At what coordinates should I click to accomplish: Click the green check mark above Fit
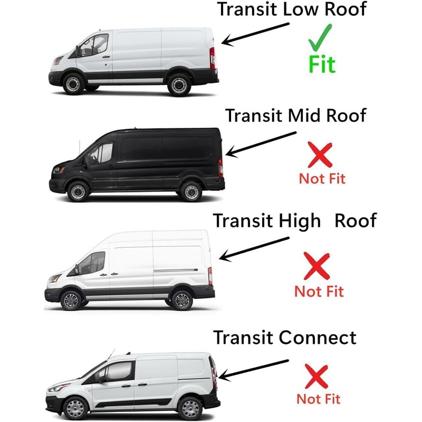click(x=320, y=37)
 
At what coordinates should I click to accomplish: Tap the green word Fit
click(x=322, y=64)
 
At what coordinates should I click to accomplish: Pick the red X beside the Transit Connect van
click(x=318, y=377)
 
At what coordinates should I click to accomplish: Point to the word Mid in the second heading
click(x=305, y=115)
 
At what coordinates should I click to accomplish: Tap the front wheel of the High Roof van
click(x=70, y=300)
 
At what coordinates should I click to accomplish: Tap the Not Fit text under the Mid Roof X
click(x=322, y=178)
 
